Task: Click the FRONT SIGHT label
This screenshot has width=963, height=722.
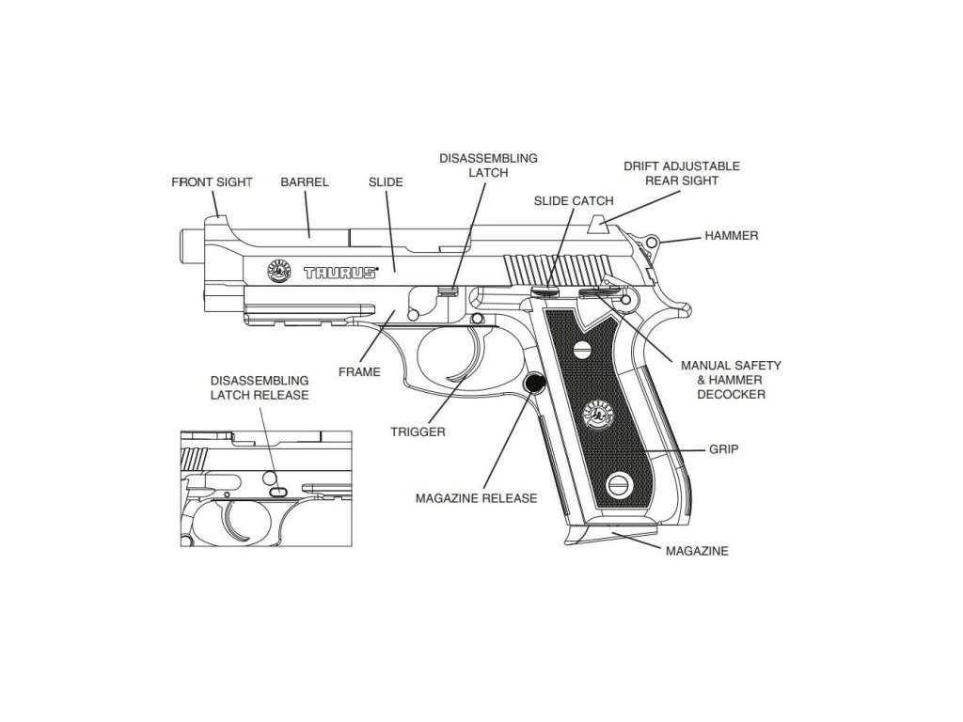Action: [x=212, y=182]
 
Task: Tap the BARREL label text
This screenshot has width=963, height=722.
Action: [x=305, y=182]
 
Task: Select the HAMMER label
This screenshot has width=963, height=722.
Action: [x=731, y=236]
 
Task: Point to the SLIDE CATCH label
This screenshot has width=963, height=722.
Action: [x=573, y=201]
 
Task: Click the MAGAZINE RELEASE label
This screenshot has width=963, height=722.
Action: [x=476, y=497]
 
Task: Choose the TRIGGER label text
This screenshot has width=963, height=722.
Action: [x=418, y=432]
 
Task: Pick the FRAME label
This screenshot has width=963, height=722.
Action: [x=359, y=372]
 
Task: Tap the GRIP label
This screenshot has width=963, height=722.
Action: [x=723, y=450]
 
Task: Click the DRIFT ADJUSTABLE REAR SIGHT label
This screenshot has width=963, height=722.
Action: [x=682, y=173]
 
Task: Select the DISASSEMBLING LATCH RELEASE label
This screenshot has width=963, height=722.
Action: [x=260, y=387]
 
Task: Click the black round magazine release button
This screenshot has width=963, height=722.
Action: [x=535, y=383]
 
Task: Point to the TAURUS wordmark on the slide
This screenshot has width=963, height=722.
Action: [x=339, y=273]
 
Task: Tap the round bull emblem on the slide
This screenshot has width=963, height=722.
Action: [x=278, y=270]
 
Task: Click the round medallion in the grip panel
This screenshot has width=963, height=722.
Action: [x=596, y=411]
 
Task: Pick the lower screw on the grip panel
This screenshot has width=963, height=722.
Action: [x=618, y=483]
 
